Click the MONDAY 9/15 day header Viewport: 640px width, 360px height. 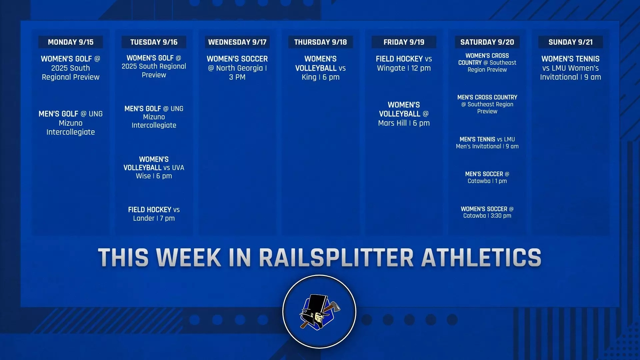click(x=70, y=42)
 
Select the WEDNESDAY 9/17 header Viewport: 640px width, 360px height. click(x=237, y=42)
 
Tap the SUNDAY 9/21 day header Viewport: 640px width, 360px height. click(x=570, y=42)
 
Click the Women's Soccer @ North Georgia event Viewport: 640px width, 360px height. click(x=237, y=68)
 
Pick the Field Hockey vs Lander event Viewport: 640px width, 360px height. click(x=154, y=214)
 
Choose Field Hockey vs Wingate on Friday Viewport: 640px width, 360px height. click(x=404, y=63)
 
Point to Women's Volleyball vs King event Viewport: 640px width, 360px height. click(x=320, y=68)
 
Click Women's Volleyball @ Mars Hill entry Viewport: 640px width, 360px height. click(x=404, y=114)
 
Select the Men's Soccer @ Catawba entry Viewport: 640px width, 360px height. click(x=487, y=177)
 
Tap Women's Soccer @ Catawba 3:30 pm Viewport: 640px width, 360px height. click(x=487, y=212)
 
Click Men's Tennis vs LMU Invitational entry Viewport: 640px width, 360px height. click(x=487, y=143)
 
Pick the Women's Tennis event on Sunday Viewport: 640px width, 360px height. click(x=570, y=68)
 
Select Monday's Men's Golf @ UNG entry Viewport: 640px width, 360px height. click(x=70, y=123)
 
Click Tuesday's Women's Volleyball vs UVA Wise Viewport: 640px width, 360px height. click(x=154, y=168)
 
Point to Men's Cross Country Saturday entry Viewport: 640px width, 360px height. click(x=487, y=104)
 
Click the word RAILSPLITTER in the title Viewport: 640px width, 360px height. click(x=336, y=258)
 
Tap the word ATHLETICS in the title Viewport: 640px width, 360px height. click(x=481, y=258)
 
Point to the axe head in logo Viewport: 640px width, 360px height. click(x=334, y=306)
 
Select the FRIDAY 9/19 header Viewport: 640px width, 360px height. click(x=404, y=42)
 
